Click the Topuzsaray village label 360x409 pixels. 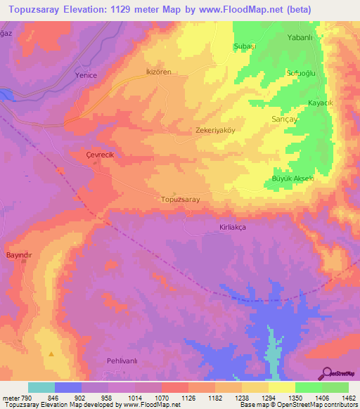181,200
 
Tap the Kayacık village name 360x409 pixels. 321,103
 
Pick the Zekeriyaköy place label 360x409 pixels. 216,130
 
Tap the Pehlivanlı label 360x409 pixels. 125,361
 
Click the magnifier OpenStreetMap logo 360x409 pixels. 328,373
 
